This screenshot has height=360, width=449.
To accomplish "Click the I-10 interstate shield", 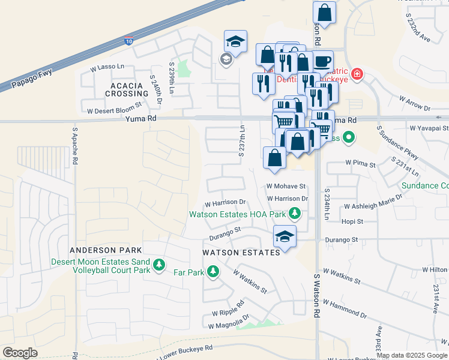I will (x=128, y=41).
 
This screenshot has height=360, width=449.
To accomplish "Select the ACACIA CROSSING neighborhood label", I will (x=127, y=89).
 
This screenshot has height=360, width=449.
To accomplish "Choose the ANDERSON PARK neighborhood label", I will (x=106, y=250).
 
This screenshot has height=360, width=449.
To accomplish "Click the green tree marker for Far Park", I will (x=212, y=273).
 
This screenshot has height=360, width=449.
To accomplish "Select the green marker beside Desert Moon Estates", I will (x=158, y=265).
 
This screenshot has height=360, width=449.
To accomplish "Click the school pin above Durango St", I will (x=285, y=236).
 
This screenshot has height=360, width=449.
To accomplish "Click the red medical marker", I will (x=357, y=74).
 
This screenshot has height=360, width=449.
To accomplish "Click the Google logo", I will (x=20, y=352).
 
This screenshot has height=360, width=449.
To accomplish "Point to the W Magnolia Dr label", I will (x=228, y=325).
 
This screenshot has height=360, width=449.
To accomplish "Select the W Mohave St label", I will (x=286, y=187).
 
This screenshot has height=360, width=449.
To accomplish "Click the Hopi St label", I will (x=352, y=221).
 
